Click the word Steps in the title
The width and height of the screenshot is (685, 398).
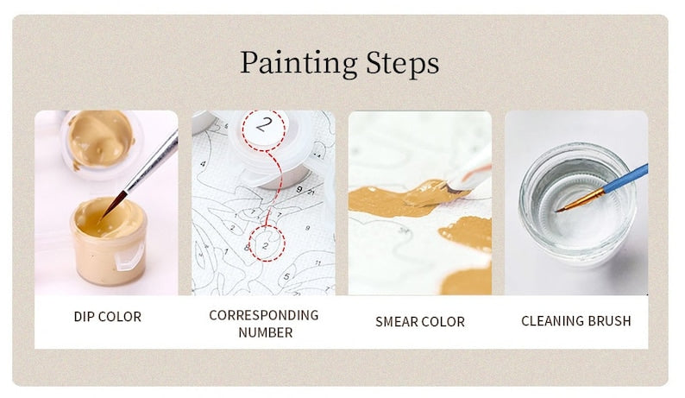pos(402,64)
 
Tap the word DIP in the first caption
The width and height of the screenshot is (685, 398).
pos(82,317)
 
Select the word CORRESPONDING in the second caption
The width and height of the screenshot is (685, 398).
pos(264,315)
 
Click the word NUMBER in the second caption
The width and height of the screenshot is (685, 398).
pos(266,332)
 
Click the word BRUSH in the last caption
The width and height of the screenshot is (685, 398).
pos(609,321)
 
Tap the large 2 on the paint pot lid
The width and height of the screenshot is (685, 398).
pos(264,124)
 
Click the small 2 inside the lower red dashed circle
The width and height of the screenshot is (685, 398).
pos(265,245)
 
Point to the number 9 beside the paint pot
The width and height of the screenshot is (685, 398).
pos(299,189)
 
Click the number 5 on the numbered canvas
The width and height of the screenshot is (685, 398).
pos(286,276)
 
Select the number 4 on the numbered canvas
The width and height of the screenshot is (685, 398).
pos(203,164)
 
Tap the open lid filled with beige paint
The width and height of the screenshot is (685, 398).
pos(99,139)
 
